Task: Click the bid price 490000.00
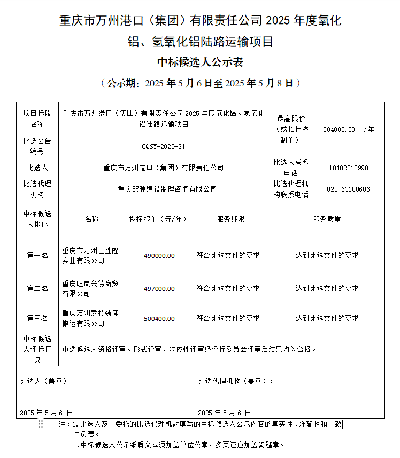click(159, 256)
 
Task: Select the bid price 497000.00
click(159, 289)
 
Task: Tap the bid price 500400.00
click(159, 319)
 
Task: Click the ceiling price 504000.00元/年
click(349, 129)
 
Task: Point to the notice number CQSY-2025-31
click(164, 146)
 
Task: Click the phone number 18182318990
click(349, 168)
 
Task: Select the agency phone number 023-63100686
click(349, 189)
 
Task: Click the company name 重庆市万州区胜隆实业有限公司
click(90, 256)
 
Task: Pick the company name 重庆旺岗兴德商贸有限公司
click(90, 289)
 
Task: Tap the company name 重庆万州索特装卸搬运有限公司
click(90, 319)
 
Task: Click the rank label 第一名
click(37, 256)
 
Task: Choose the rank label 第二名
click(37, 289)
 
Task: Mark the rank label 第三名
click(37, 319)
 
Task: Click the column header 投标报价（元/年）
click(159, 219)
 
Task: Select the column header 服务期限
click(231, 219)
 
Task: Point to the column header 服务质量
click(327, 219)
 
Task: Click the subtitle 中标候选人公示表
click(200, 62)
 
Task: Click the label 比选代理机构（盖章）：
click(235, 382)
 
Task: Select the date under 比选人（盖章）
click(46, 413)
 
